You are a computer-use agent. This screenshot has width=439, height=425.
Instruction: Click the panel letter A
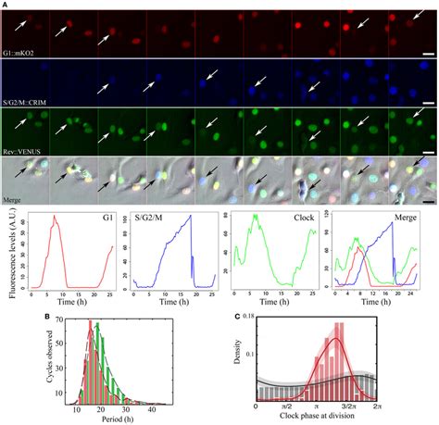coord(6,5)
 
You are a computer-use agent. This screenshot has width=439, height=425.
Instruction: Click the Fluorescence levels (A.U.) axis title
coord(9,253)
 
